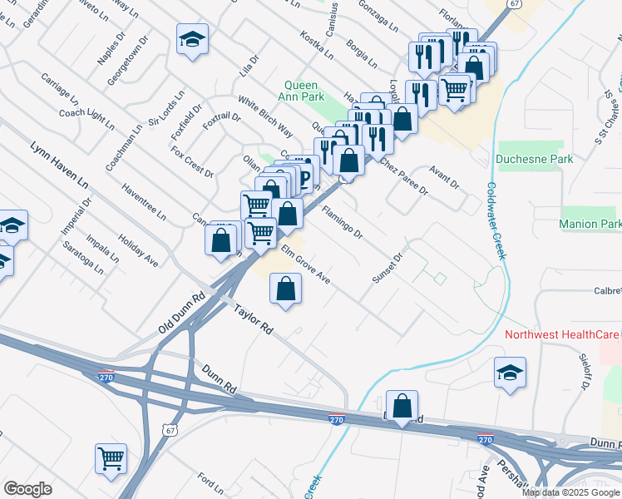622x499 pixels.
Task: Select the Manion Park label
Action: [590, 225]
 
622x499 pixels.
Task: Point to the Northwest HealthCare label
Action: [563, 334]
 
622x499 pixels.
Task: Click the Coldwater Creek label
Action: [495, 220]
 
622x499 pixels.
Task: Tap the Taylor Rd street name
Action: [254, 319]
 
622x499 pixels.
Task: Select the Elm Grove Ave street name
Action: [305, 265]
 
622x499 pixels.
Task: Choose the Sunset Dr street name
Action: [387, 269]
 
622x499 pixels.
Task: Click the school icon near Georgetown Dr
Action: [192, 38]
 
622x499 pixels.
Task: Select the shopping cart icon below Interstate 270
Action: [111, 458]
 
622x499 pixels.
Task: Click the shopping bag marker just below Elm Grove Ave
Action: [285, 290]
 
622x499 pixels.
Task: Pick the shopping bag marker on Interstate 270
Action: [402, 407]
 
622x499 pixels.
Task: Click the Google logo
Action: [27, 489]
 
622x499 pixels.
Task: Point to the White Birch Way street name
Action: [265, 117]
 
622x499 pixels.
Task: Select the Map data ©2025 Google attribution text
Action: [570, 492]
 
